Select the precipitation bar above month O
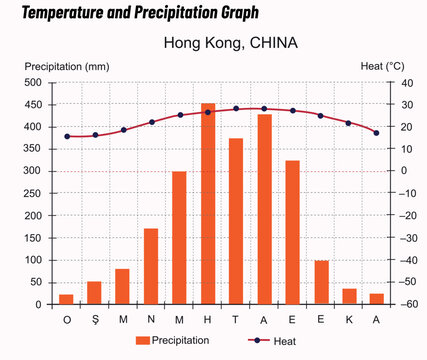pos(67,299)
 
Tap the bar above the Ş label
pos(95,293)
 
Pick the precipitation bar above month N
pos(151,266)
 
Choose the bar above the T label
pos(236,221)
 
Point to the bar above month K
pos(349,296)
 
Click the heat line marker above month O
pos(67,136)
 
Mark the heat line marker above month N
pos(151,122)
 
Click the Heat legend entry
pos(273,340)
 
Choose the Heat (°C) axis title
pos(381,66)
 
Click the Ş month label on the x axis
pos(95,319)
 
